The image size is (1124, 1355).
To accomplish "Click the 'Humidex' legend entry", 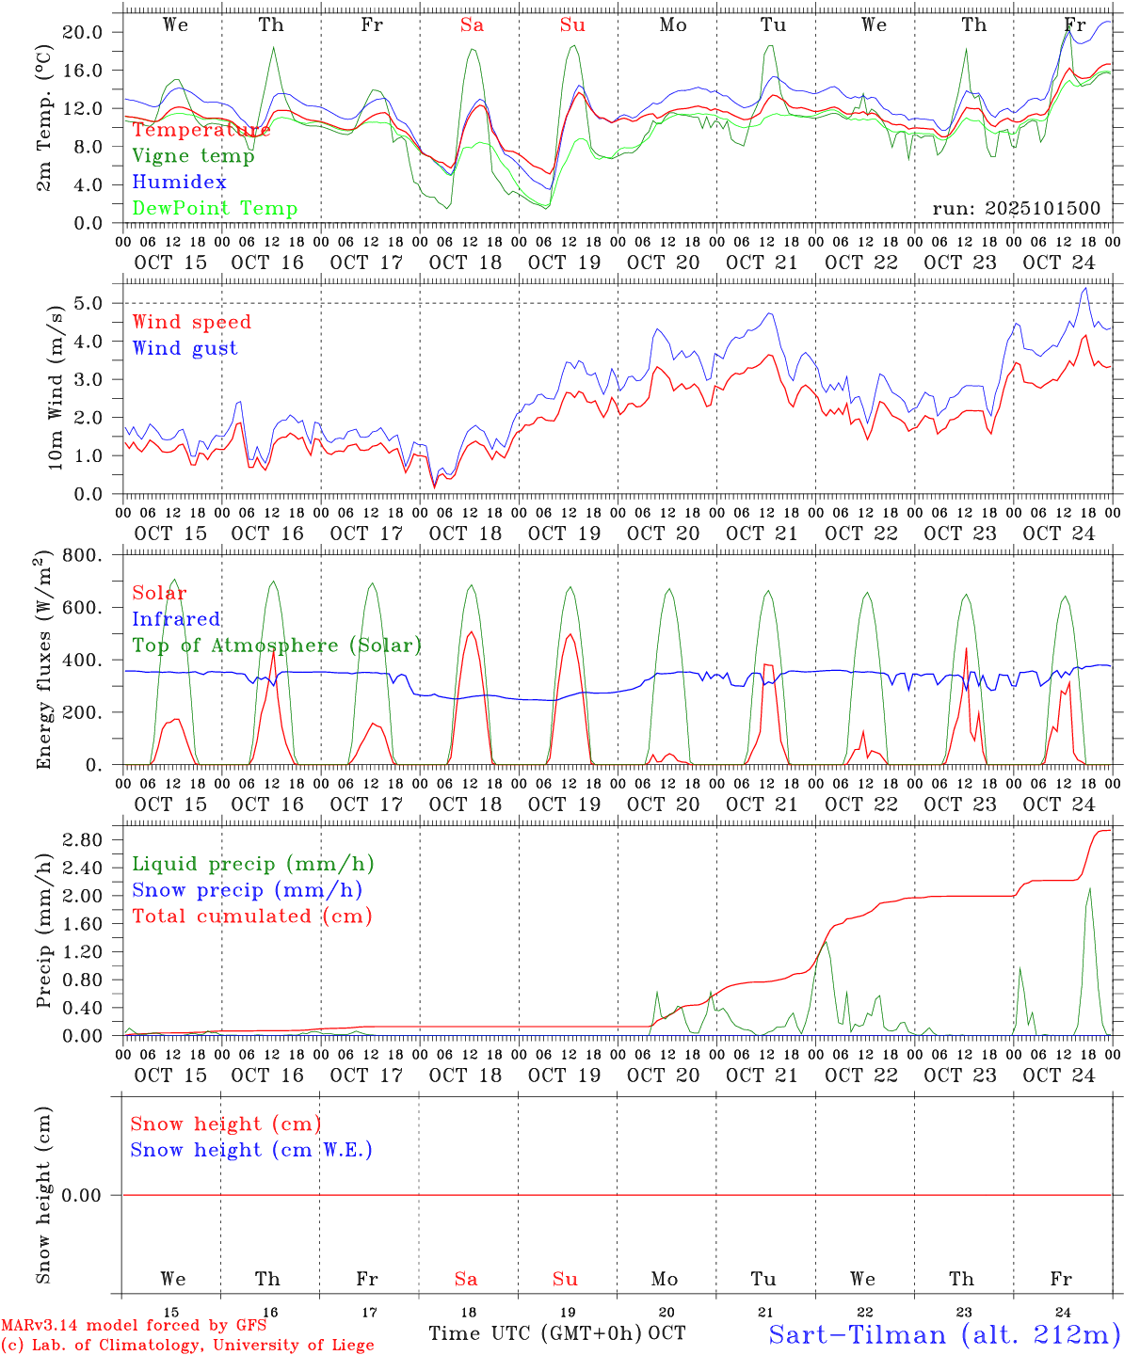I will (179, 183).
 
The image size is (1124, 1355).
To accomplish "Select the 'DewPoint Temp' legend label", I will (215, 209).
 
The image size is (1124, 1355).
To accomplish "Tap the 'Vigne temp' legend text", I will (193, 156).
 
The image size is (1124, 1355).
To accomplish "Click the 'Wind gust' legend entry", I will (185, 348).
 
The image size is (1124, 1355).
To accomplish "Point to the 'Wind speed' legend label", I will (192, 322).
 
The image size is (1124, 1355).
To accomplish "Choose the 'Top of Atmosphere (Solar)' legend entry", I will (277, 646).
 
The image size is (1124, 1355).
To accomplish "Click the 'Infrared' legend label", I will (176, 619).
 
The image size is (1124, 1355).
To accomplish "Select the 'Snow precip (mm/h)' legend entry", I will (247, 890).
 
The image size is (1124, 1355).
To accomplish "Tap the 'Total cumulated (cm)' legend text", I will (252, 917).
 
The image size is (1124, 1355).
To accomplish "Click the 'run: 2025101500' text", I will (1016, 208).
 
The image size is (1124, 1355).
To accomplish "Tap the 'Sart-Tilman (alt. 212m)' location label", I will (944, 1334).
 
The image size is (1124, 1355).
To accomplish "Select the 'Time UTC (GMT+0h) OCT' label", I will (557, 1333).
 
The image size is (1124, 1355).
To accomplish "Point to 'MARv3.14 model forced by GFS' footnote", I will (134, 1326).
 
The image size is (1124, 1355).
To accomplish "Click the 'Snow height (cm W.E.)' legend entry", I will (251, 1150).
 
